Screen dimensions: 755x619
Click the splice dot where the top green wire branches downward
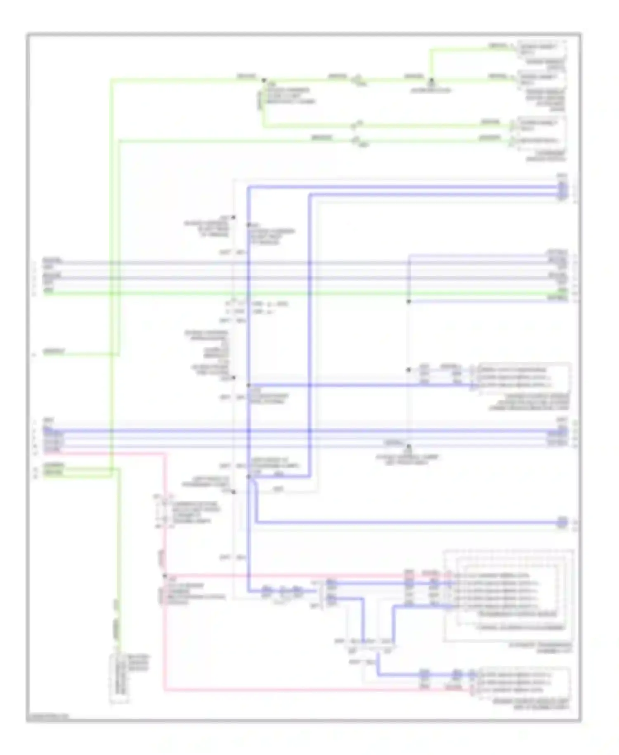pyautogui.click(x=264, y=81)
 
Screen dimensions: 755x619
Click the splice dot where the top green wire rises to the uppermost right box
pyautogui.click(x=431, y=79)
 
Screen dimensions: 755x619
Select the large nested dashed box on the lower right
pyautogui.click(x=509, y=596)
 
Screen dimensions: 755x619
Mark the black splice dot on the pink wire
pyautogui.click(x=165, y=575)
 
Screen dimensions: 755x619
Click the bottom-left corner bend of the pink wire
pyautogui.click(x=165, y=690)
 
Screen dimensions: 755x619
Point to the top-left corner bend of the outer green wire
pyautogui.click(x=111, y=80)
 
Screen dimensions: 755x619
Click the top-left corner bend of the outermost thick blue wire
pyautogui.click(x=249, y=188)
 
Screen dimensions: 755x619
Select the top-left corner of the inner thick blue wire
pyautogui.click(x=309, y=195)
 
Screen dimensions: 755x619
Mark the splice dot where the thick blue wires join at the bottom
pyautogui.click(x=249, y=477)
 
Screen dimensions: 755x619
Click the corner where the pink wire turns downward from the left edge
pyautogui.click(x=165, y=454)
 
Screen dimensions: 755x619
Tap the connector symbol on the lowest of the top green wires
pyautogui.click(x=354, y=141)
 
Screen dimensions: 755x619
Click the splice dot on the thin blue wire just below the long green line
pyautogui.click(x=409, y=302)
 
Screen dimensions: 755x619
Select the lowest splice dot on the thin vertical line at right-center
pyautogui.click(x=409, y=446)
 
